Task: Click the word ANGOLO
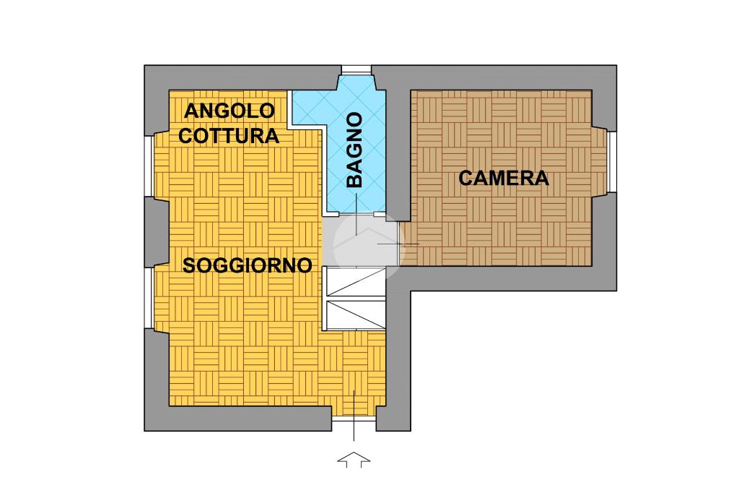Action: click(229, 111)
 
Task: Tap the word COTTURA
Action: click(229, 135)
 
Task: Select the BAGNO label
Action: click(354, 150)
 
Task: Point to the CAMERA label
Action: click(504, 178)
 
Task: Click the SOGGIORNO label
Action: click(248, 265)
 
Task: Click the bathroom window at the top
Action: click(356, 69)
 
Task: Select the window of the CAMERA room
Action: click(611, 163)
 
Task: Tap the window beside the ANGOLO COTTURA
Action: click(149, 166)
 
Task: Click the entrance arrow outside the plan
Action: click(354, 460)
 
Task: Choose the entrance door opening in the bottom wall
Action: click(354, 420)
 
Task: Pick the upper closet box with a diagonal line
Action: click(356, 281)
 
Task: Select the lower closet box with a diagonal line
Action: click(356, 315)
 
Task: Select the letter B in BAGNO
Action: click(354, 181)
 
